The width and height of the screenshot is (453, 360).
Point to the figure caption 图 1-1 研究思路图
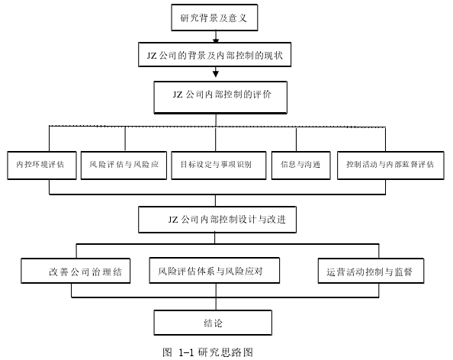207,352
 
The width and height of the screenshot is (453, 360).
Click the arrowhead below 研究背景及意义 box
216,40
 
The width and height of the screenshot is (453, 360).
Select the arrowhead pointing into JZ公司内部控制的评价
216,74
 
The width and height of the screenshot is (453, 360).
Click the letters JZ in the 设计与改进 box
173,220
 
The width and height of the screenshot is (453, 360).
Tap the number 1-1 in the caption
186,352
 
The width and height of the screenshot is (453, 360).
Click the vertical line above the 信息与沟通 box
296,140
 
